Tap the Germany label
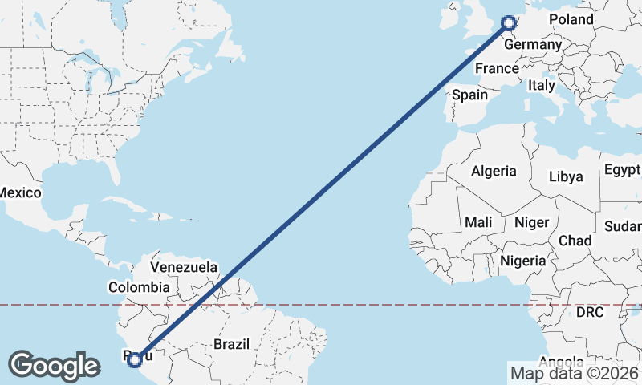(532, 44)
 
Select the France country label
(497, 68)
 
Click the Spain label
(469, 95)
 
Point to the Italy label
(541, 84)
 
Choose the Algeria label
(494, 171)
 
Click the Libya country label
(567, 176)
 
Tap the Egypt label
(622, 170)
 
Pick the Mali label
(478, 221)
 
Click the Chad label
(575, 241)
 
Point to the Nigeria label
(522, 261)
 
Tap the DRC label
(589, 311)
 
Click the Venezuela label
(184, 266)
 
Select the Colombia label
(139, 286)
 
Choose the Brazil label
(231, 344)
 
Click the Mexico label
(19, 193)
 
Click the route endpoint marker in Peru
(135, 359)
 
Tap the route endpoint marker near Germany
(508, 23)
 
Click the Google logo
(54, 366)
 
